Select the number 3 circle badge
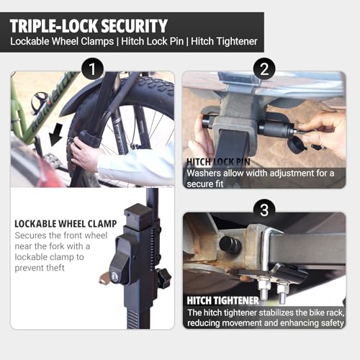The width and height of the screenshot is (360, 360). point(264,210)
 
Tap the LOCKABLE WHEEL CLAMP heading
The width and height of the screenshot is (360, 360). point(65,224)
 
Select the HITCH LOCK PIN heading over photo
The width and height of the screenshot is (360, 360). point(217,162)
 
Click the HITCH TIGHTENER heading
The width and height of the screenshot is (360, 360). point(222,300)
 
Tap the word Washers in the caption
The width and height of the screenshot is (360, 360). point(206,174)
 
